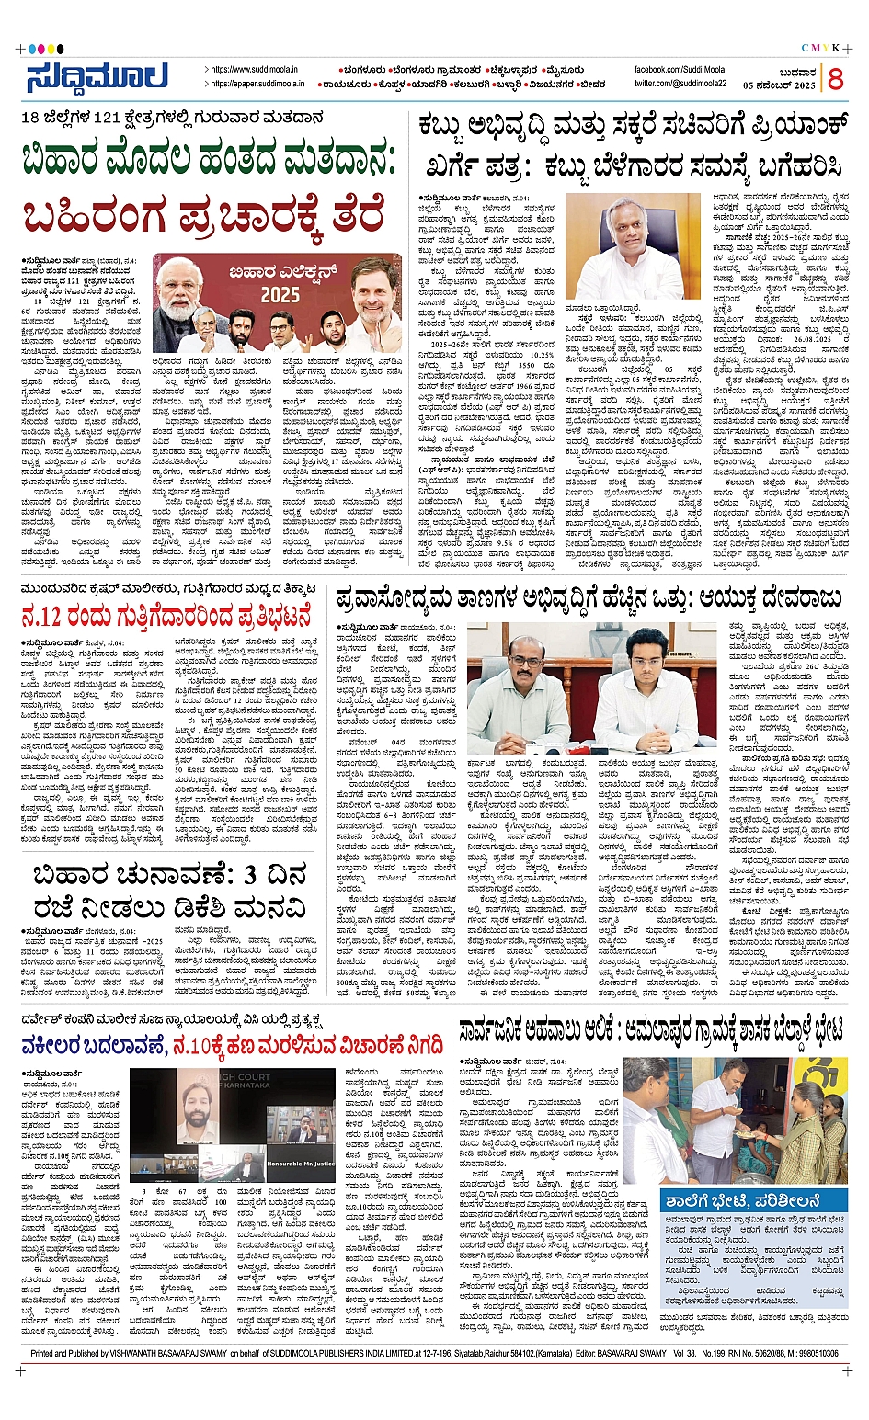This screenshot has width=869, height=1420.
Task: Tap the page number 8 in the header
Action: [x=835, y=79]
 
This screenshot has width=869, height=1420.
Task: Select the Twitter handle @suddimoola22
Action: [x=680, y=84]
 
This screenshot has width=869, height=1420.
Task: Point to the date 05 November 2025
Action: [x=780, y=85]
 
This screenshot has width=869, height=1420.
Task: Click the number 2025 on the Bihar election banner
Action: [x=280, y=295]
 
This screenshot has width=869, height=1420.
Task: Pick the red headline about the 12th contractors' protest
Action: [x=166, y=615]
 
